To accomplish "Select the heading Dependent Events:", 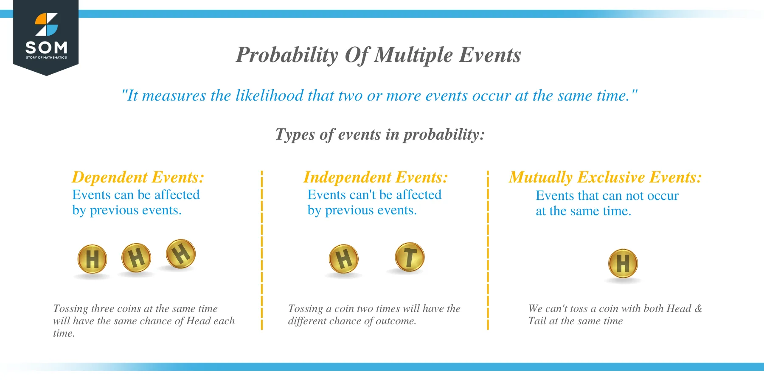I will (x=138, y=177).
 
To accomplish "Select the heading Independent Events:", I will (x=376, y=177).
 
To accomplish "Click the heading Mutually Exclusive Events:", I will (x=605, y=177).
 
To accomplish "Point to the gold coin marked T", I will (x=410, y=257).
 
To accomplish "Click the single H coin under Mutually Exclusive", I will (x=623, y=264).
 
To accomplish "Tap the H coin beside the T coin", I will (x=343, y=258).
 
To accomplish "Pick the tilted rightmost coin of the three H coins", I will (x=181, y=254).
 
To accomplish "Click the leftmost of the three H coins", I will (x=92, y=259).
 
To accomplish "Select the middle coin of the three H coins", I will (x=136, y=258).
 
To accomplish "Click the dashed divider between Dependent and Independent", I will (x=262, y=250).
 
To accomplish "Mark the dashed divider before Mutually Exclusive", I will (x=488, y=250).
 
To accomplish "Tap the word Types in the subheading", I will (x=295, y=135).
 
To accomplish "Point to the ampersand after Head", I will (x=698, y=309).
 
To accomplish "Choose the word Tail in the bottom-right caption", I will (x=537, y=321).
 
